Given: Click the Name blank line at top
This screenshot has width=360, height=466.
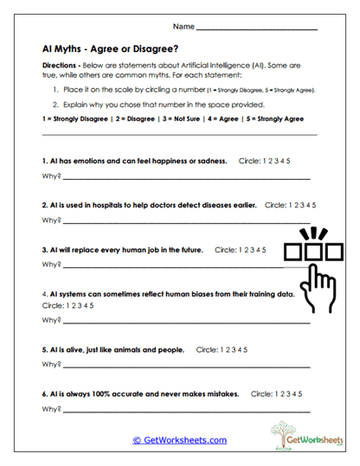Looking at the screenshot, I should click(258, 29).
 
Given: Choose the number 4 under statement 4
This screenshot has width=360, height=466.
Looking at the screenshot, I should click(83, 305).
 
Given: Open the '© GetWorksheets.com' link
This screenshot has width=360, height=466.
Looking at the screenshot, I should click(180, 440).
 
